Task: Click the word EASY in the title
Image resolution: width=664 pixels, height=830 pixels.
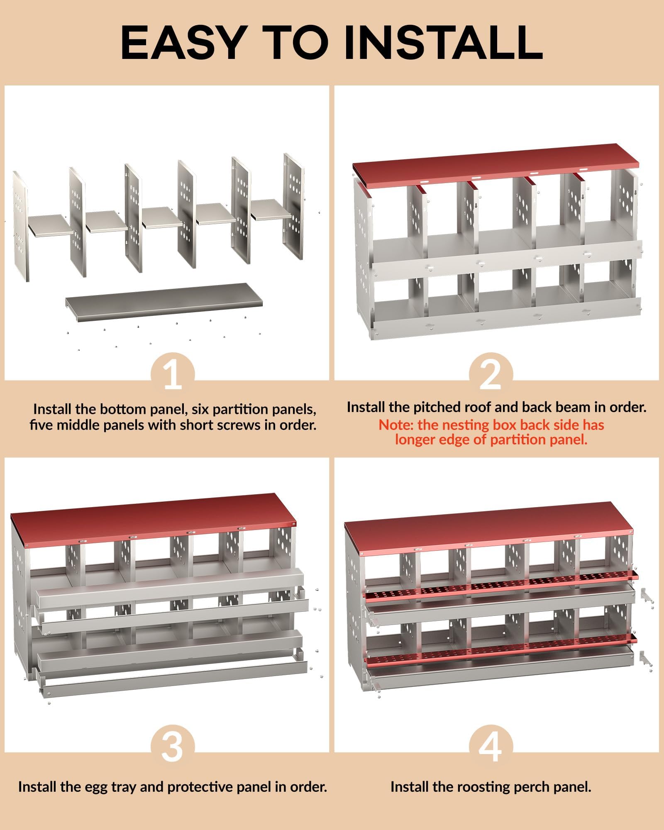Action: (x=182, y=42)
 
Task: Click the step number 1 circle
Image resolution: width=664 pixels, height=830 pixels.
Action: (x=173, y=373)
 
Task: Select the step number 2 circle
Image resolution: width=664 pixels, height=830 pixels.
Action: (x=491, y=373)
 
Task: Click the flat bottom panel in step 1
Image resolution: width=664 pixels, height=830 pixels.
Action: (x=164, y=302)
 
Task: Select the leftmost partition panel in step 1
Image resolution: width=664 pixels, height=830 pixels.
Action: (x=21, y=226)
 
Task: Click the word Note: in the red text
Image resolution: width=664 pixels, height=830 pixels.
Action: (x=396, y=425)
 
